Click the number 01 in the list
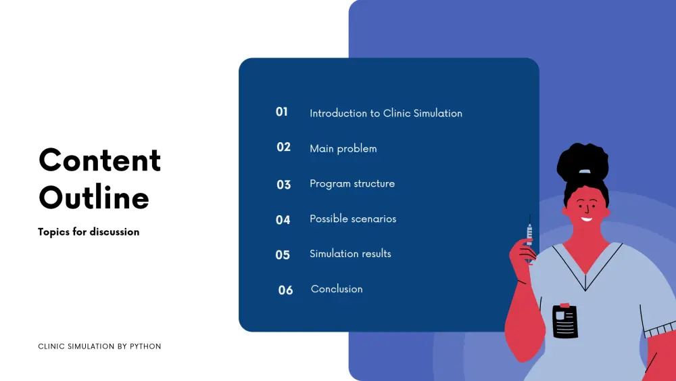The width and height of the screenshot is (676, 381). pyautogui.click(x=281, y=112)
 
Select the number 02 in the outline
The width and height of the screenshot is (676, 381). pyautogui.click(x=283, y=147)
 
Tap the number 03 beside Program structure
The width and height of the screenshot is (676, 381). pyautogui.click(x=283, y=185)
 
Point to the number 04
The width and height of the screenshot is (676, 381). pyautogui.click(x=283, y=220)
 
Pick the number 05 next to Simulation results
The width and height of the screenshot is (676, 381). pyautogui.click(x=283, y=255)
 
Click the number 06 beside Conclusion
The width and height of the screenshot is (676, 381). pyautogui.click(x=285, y=290)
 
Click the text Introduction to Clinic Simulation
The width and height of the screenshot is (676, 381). pyautogui.click(x=386, y=113)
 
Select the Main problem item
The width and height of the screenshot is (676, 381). pyautogui.click(x=343, y=148)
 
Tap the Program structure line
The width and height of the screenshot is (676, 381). pyautogui.click(x=352, y=183)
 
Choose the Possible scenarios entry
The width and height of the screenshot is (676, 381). pyautogui.click(x=353, y=219)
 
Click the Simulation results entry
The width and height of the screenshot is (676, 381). pyautogui.click(x=350, y=254)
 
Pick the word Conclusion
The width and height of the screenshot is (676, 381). pyautogui.click(x=337, y=289)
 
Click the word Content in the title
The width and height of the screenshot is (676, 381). pyautogui.click(x=99, y=160)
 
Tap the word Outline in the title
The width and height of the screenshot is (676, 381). pyautogui.click(x=94, y=197)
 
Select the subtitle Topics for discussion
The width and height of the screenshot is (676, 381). pyautogui.click(x=89, y=231)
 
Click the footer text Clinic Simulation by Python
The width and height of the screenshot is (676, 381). pyautogui.click(x=99, y=346)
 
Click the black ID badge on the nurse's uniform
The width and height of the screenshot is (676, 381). pyautogui.click(x=564, y=321)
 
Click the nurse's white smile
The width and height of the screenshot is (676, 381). pyautogui.click(x=586, y=219)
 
